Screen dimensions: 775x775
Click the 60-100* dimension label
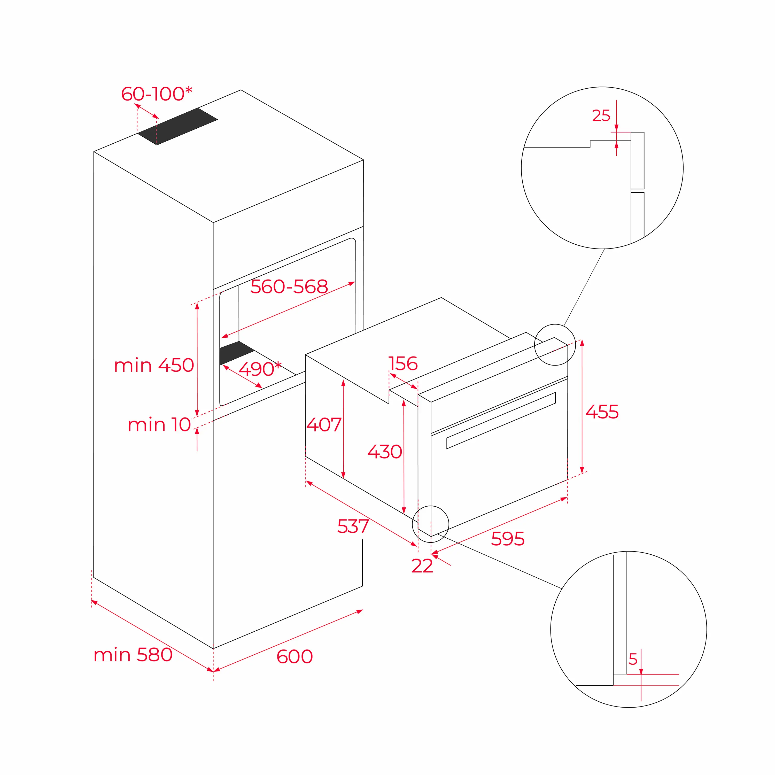click(x=157, y=94)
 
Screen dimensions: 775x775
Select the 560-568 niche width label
click(x=289, y=286)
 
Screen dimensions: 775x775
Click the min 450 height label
click(x=154, y=365)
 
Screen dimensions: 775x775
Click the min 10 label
click(x=159, y=424)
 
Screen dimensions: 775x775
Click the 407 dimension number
click(x=324, y=424)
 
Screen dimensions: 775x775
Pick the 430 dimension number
click(x=385, y=452)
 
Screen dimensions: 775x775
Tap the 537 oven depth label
click(x=353, y=526)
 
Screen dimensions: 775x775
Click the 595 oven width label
click(x=507, y=539)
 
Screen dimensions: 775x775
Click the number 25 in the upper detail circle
click(x=601, y=115)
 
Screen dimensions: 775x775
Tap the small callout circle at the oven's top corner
click(x=555, y=345)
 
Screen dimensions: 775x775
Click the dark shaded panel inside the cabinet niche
click(x=236, y=353)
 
